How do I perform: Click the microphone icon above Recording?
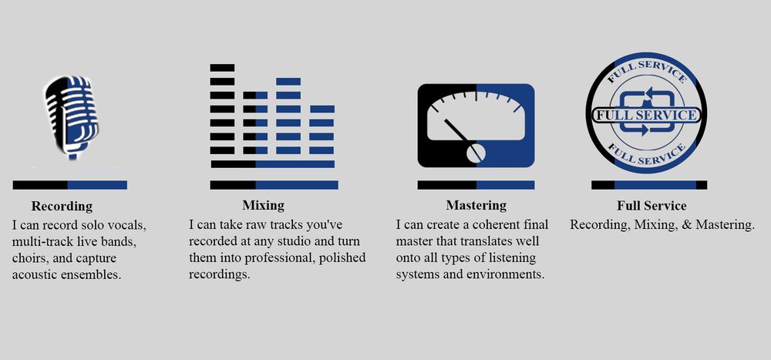click(71, 117)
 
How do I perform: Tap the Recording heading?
click(62, 206)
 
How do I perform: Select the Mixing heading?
click(263, 205)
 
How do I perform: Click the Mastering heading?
click(476, 205)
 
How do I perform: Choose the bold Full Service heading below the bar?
click(651, 205)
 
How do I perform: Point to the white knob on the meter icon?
click(476, 153)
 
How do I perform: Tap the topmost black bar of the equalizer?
click(222, 68)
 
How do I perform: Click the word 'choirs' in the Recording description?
click(29, 258)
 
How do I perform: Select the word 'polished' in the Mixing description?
click(341, 257)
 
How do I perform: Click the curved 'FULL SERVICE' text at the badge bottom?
click(646, 154)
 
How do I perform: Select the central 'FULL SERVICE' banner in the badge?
click(646, 116)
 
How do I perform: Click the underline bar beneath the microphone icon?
click(70, 185)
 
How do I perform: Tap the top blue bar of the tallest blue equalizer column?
click(288, 82)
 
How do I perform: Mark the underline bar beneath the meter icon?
click(476, 185)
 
